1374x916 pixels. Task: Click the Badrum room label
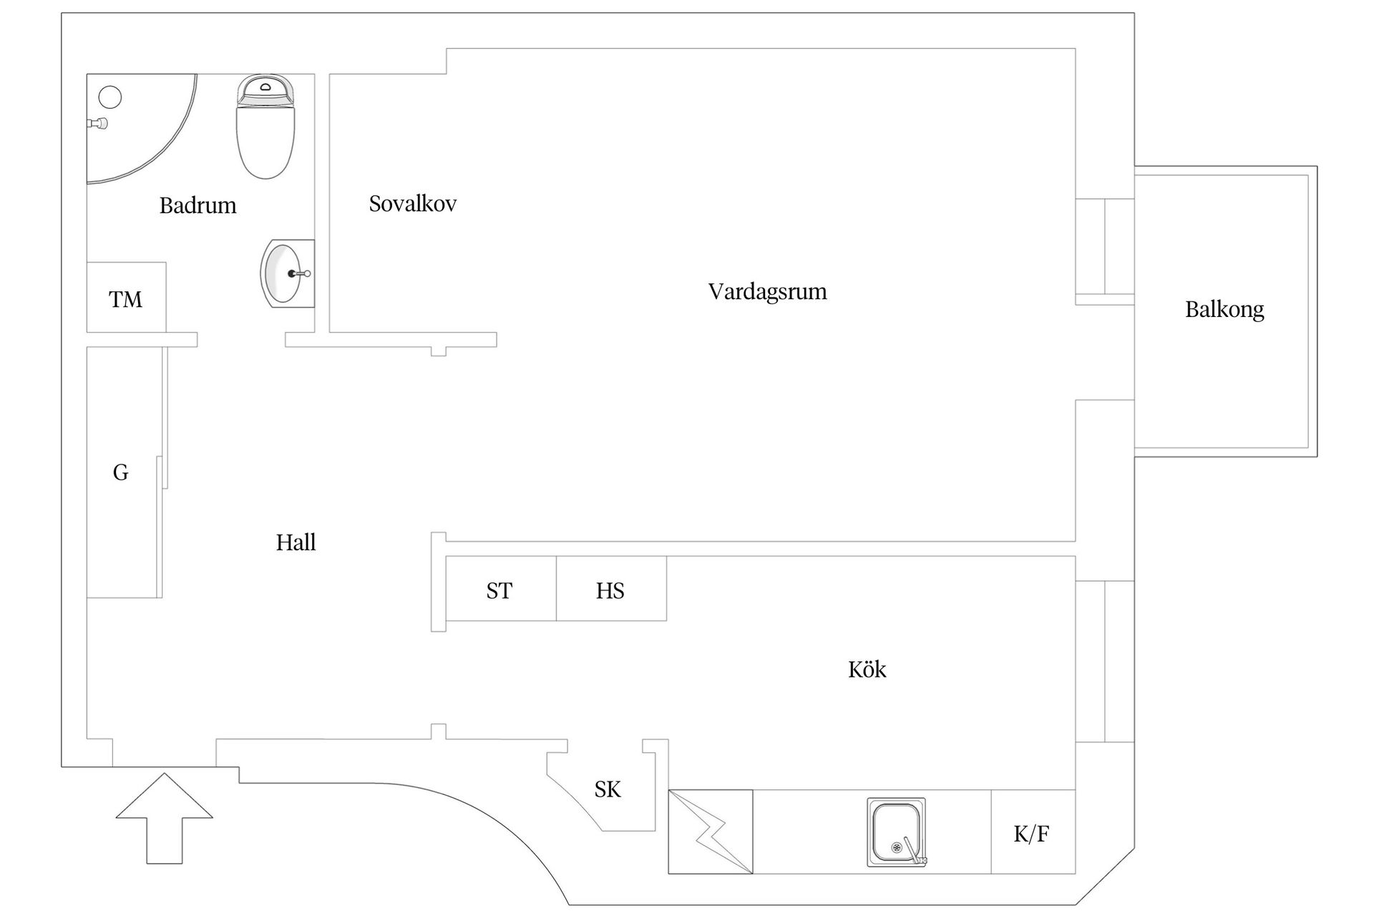click(198, 205)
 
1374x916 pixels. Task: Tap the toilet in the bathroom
click(265, 127)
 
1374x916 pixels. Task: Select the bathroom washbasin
click(287, 273)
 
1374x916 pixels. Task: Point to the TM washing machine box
click(127, 298)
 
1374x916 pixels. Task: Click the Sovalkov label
click(412, 204)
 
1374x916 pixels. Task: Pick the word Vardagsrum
click(767, 292)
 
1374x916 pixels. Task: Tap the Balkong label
click(1224, 310)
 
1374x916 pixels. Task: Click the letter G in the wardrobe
click(120, 472)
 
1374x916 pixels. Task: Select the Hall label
click(296, 542)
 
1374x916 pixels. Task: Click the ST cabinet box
click(501, 588)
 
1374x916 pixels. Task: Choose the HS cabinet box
click(612, 588)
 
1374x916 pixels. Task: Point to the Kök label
click(867, 669)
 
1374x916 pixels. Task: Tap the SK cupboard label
click(608, 789)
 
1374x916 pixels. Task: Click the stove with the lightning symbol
click(711, 832)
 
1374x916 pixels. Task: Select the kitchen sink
click(897, 832)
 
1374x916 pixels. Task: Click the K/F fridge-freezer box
click(1033, 832)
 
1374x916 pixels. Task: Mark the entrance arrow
click(165, 818)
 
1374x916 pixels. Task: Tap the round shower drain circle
click(110, 97)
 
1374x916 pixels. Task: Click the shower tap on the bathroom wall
click(97, 124)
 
